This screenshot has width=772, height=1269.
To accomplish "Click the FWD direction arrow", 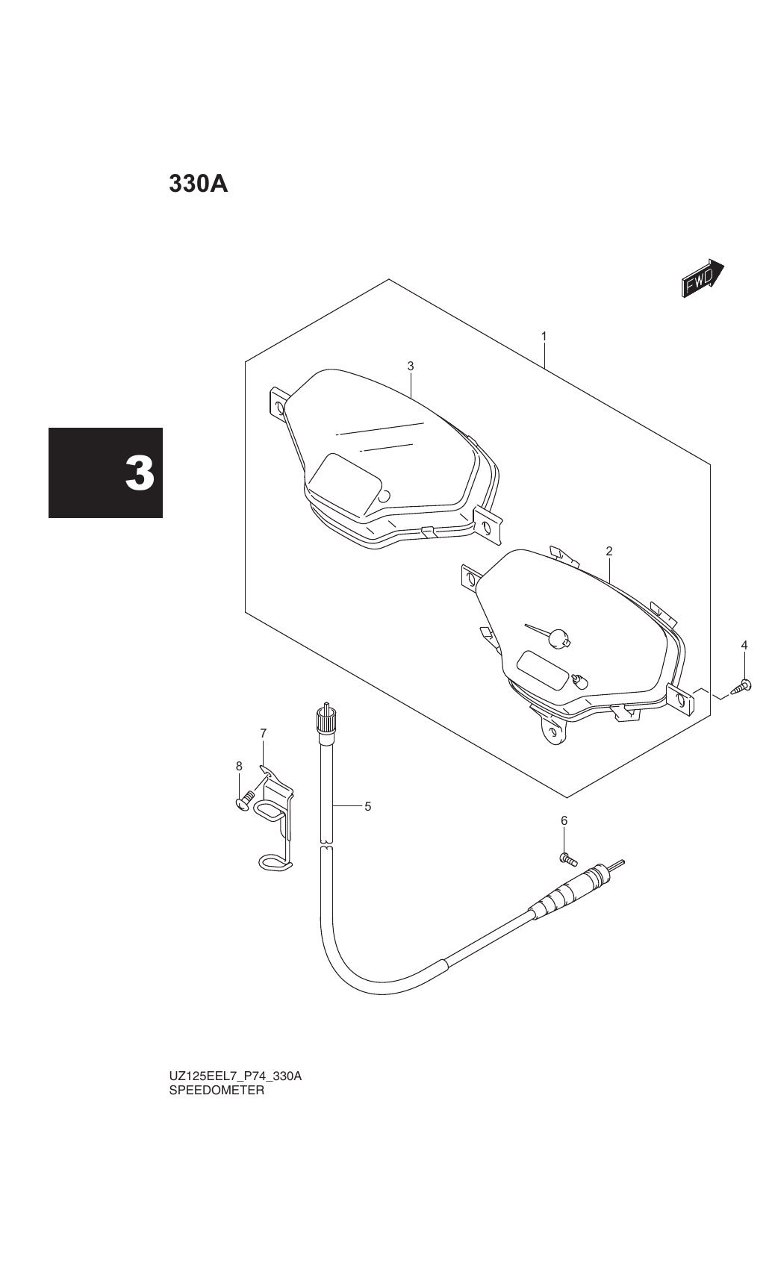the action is click(x=703, y=278).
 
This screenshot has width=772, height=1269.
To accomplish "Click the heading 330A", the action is click(x=199, y=184).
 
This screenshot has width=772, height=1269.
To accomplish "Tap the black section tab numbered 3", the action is click(x=105, y=473).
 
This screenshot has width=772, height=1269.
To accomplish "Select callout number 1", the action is click(x=544, y=336).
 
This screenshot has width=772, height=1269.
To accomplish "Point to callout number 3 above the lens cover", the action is click(x=411, y=366).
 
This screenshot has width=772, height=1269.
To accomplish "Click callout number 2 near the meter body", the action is click(x=608, y=551).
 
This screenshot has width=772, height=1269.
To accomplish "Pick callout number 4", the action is click(x=744, y=645).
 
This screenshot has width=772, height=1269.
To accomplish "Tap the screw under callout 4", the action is click(x=740, y=687).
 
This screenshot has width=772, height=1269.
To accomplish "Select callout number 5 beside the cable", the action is click(x=368, y=806).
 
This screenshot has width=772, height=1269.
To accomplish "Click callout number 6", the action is click(x=564, y=820).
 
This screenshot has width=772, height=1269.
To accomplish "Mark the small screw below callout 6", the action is click(x=568, y=859).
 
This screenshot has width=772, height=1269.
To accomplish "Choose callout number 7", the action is click(x=263, y=733).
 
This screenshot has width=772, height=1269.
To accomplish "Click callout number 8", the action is click(x=239, y=766).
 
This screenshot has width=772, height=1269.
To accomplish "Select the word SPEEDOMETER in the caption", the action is click(x=217, y=1090).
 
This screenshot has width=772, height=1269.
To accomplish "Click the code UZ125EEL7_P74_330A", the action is click(x=235, y=1076).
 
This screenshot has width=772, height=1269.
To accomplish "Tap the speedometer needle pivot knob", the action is click(x=559, y=637).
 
